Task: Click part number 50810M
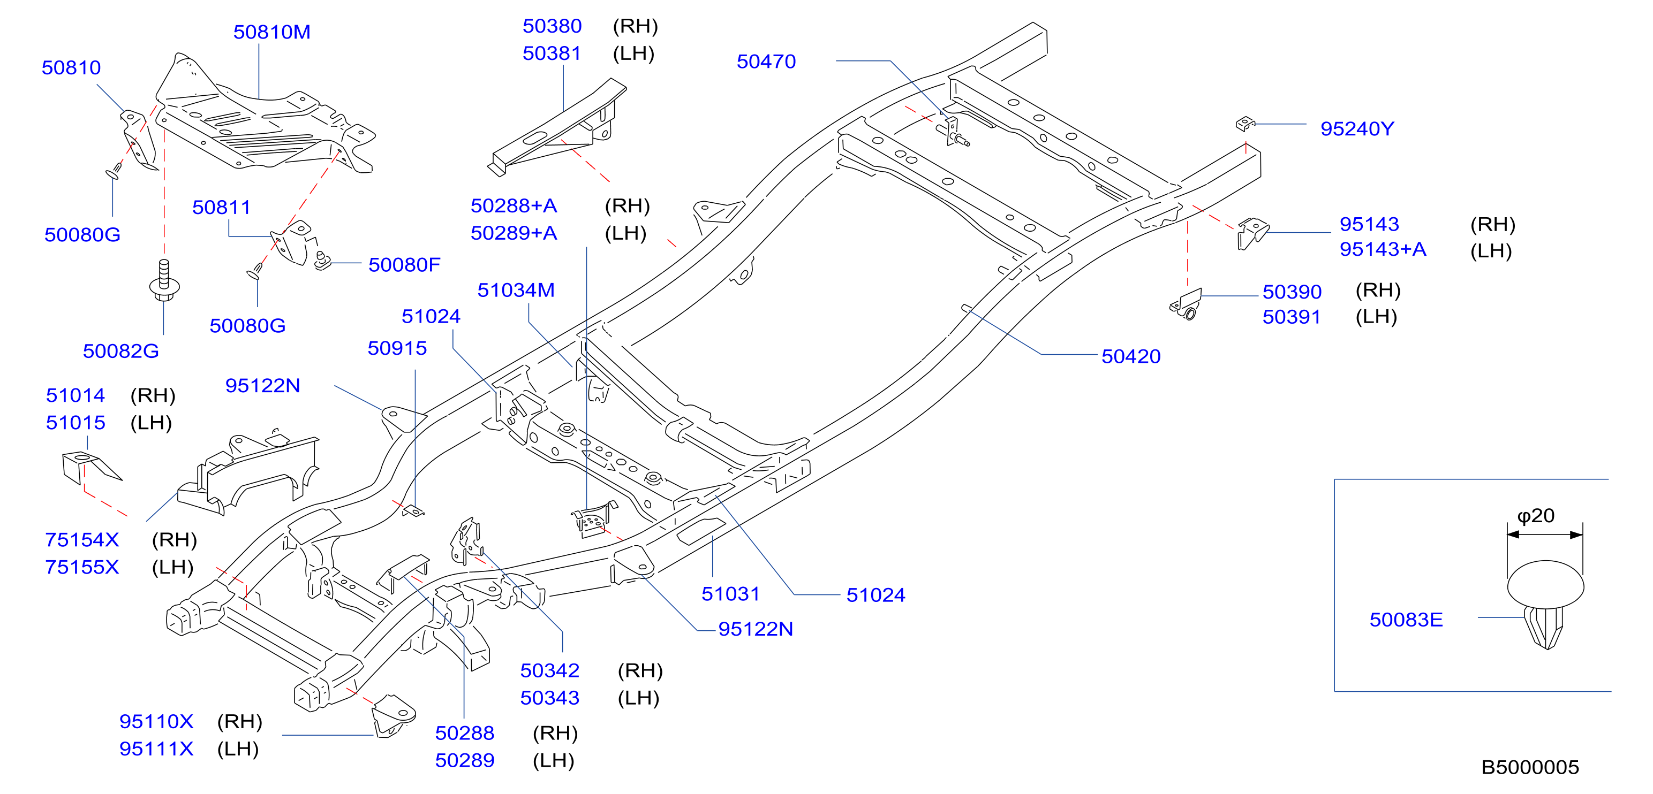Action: (271, 32)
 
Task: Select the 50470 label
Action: (766, 62)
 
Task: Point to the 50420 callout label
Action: (1131, 356)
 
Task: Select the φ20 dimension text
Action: (1536, 516)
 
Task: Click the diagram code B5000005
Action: (1530, 767)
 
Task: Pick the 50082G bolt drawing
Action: (164, 280)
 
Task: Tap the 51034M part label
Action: (516, 291)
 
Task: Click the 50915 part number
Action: (397, 348)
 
